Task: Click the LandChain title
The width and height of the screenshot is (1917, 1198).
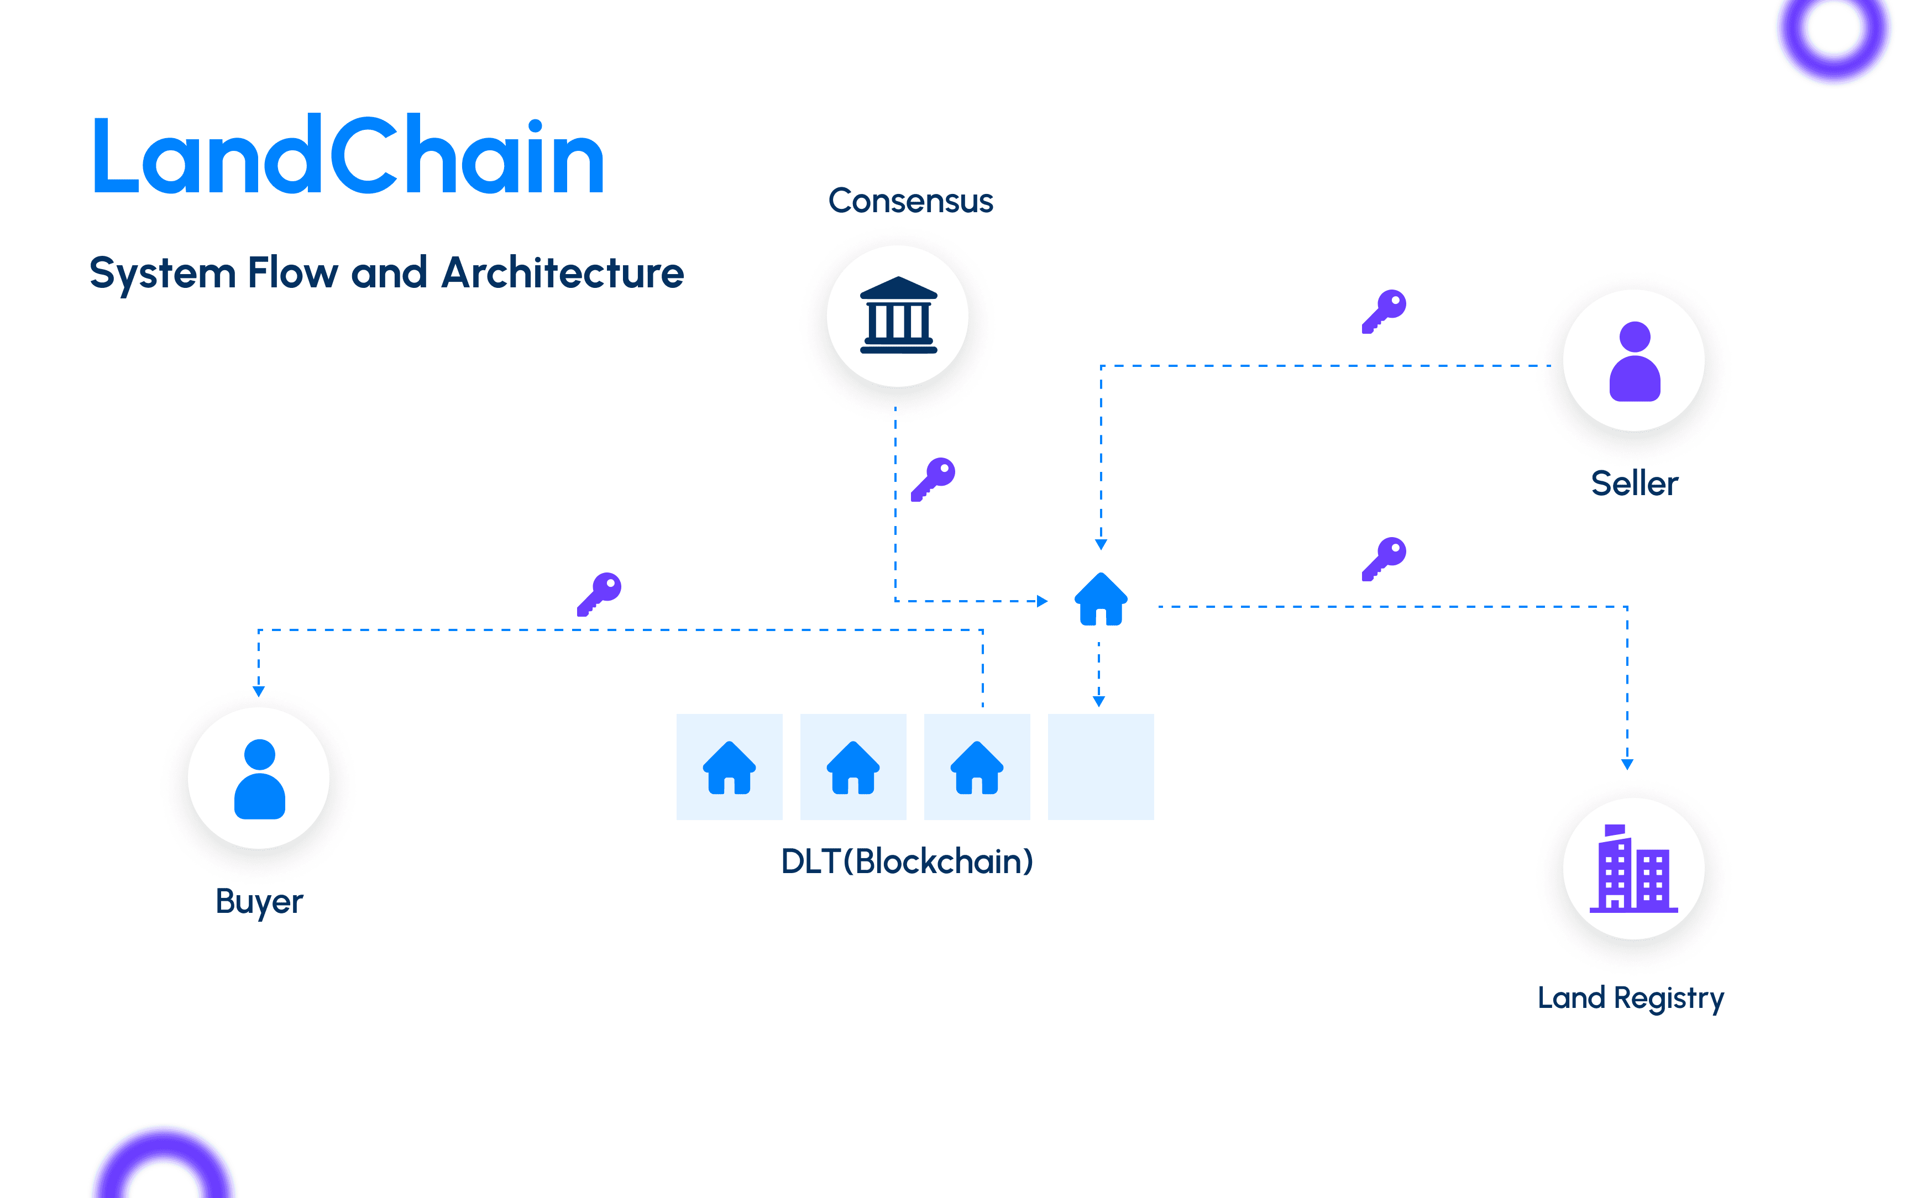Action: coord(349,155)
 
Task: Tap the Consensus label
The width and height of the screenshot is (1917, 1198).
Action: coord(910,201)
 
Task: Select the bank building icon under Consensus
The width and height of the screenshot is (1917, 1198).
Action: coord(898,316)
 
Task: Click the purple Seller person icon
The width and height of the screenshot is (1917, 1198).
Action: coord(1634,361)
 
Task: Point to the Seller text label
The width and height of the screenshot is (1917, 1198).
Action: coord(1634,484)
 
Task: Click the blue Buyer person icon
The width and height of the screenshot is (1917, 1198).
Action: coord(259,779)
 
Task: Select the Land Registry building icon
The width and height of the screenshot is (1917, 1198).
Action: coord(1633,869)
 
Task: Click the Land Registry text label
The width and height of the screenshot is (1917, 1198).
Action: coord(1630,997)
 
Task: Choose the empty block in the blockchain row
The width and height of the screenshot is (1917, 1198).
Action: coord(1100,766)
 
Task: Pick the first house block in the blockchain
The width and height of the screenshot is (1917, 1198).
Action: coord(729,766)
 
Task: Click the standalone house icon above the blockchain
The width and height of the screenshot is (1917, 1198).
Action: coord(1100,599)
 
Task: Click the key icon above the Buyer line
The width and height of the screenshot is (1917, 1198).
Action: coord(599,593)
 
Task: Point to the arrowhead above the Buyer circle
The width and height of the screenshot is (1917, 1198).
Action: coord(258,691)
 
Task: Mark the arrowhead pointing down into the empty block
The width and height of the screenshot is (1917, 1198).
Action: coord(1098,701)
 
